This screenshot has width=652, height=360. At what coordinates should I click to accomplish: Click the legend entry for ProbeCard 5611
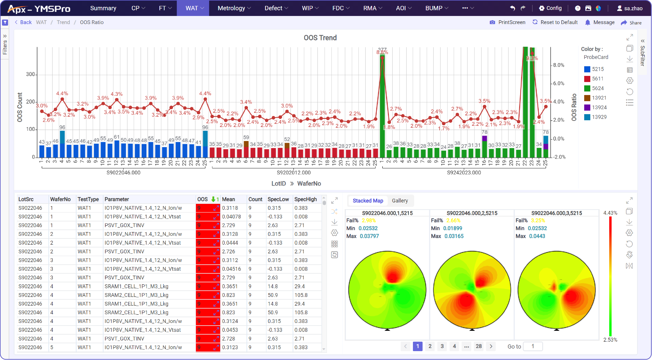pos(597,79)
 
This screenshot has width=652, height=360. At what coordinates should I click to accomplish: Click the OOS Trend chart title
pos(320,38)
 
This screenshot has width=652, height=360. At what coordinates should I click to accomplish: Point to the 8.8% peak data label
pos(382,52)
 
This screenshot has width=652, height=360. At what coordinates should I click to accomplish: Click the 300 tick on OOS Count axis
pos(30,74)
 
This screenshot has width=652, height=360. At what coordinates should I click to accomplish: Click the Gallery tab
pos(400,201)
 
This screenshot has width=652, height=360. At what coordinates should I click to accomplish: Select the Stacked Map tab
pos(368,201)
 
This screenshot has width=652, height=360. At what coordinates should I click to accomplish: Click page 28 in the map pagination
pos(478,346)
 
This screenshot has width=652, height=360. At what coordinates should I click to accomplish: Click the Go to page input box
pos(533,346)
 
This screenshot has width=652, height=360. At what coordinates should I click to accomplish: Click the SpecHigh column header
pos(305,199)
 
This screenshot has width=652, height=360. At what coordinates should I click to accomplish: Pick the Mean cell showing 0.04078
pos(231,217)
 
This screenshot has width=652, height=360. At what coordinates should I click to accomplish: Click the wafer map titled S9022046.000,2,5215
pos(472,290)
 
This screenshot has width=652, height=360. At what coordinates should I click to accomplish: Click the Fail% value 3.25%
pos(538,220)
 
